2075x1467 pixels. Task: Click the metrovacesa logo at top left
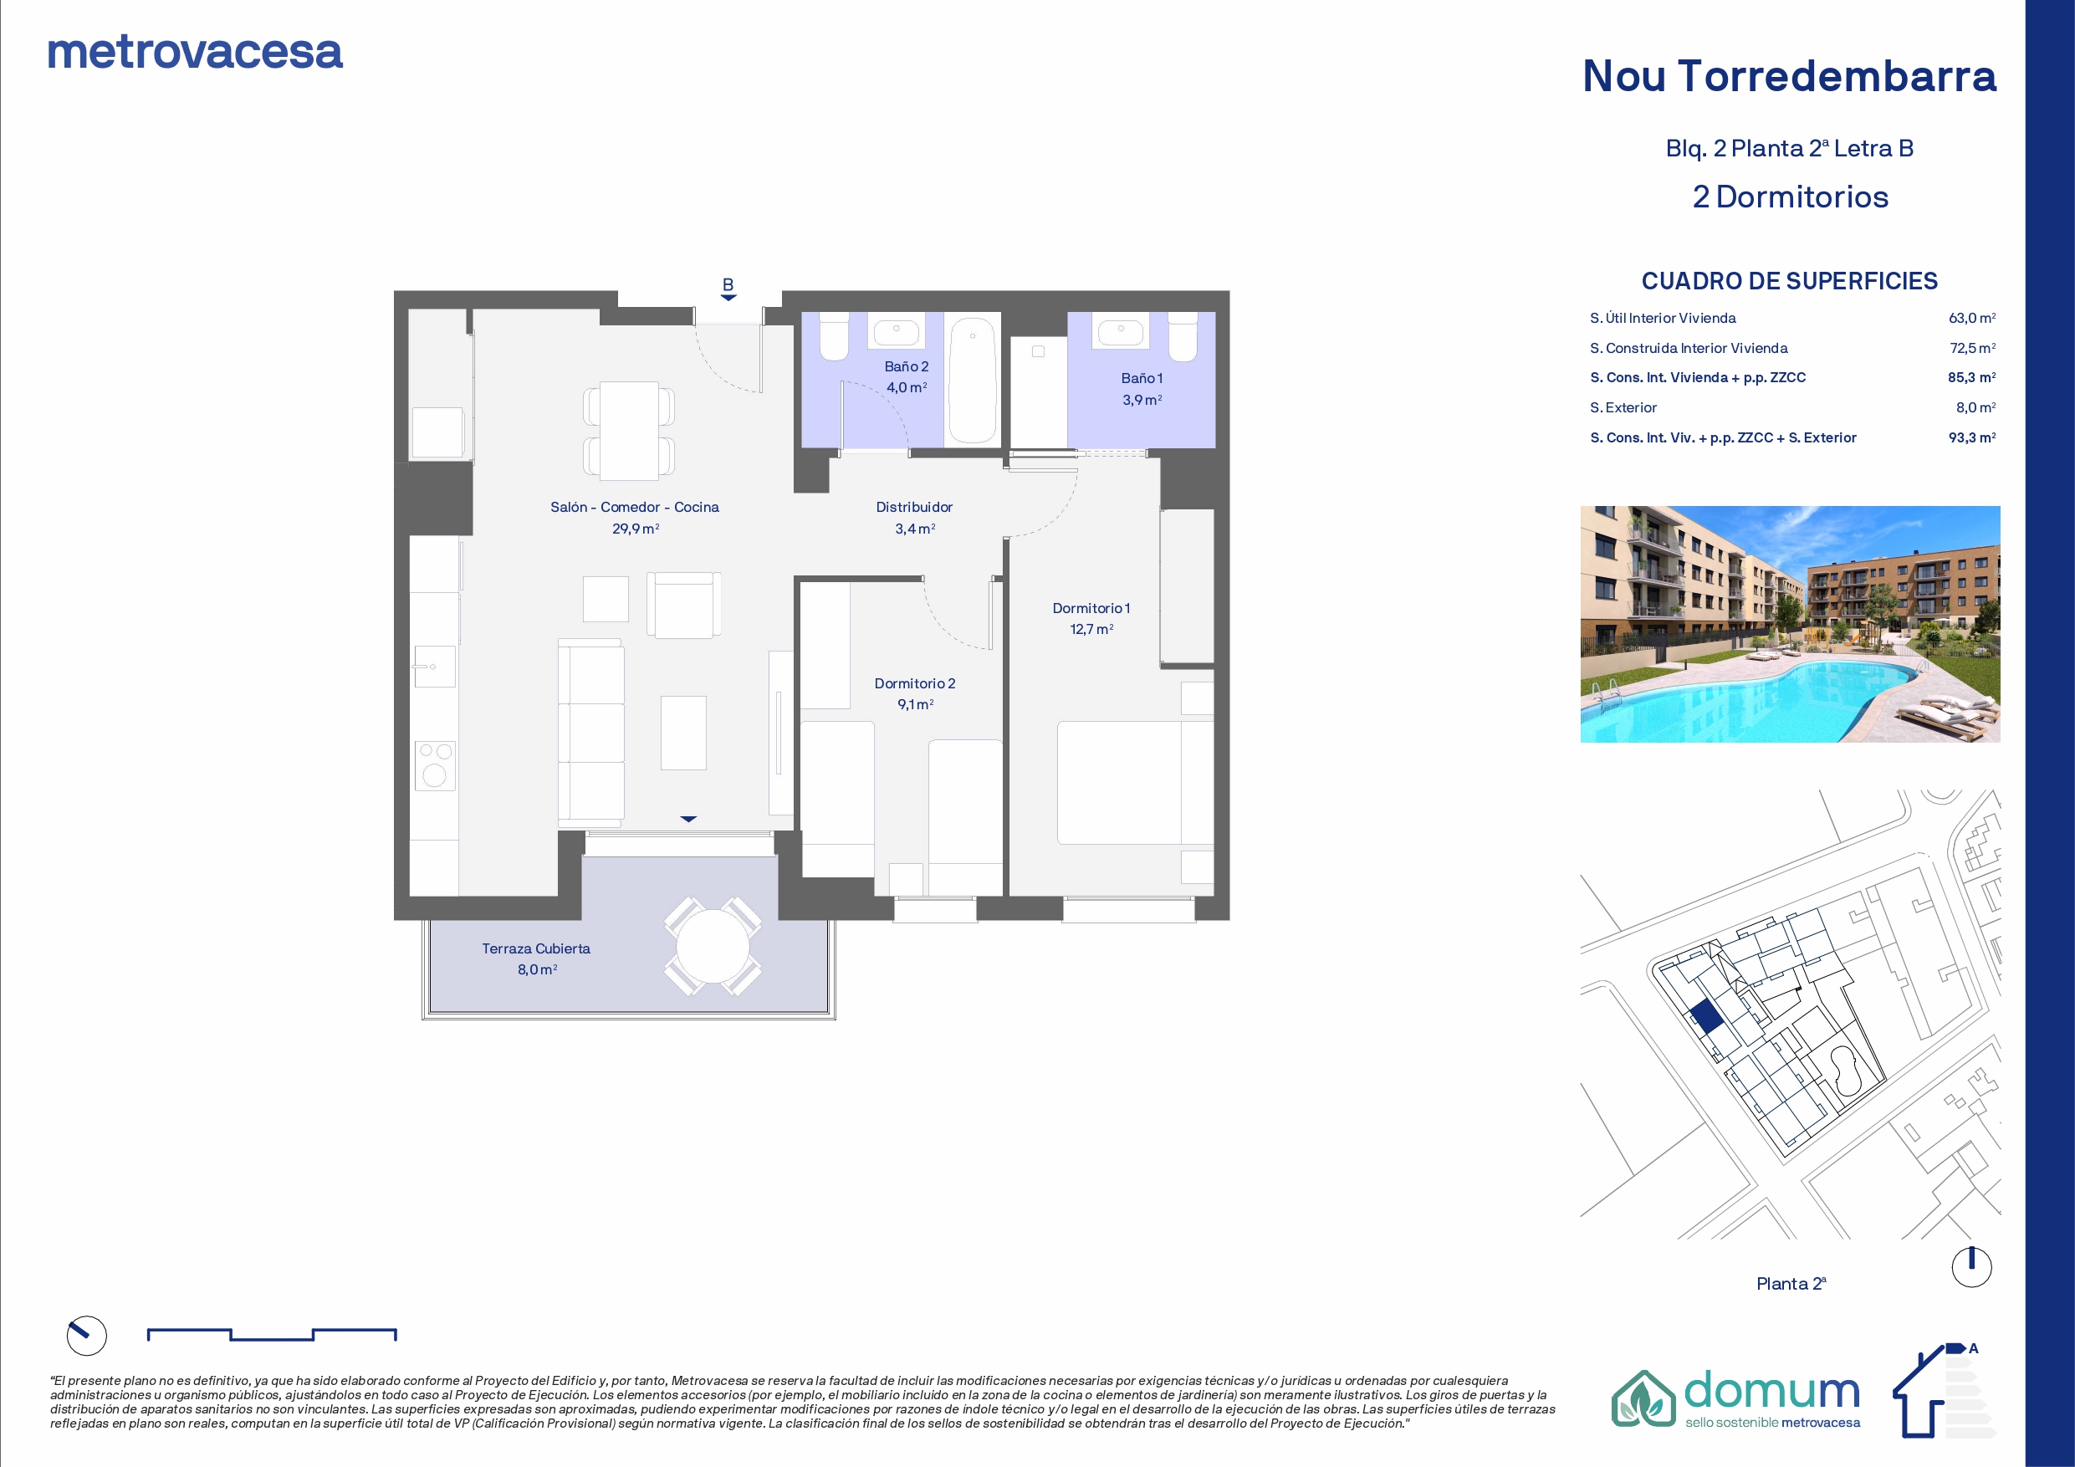coord(195,53)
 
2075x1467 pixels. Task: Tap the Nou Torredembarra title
coord(1790,76)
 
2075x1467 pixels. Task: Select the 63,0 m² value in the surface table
coord(1972,318)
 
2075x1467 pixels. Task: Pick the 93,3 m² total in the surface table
coord(1972,437)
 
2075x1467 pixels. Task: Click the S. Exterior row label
coord(1623,407)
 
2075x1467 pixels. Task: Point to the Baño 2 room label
coord(907,366)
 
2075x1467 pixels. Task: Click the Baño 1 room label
coord(1142,378)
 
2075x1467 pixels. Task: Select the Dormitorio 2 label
coord(915,683)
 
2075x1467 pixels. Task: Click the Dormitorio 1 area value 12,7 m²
coord(1091,629)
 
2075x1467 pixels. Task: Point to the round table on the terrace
coord(713,947)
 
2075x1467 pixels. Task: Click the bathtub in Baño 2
coord(973,380)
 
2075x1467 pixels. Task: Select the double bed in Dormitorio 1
coord(1135,783)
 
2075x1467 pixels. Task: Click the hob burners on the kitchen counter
coord(435,764)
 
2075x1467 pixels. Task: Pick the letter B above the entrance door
coord(728,284)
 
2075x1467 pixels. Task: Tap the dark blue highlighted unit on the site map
coord(1706,1018)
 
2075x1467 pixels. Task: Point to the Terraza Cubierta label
coord(536,948)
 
